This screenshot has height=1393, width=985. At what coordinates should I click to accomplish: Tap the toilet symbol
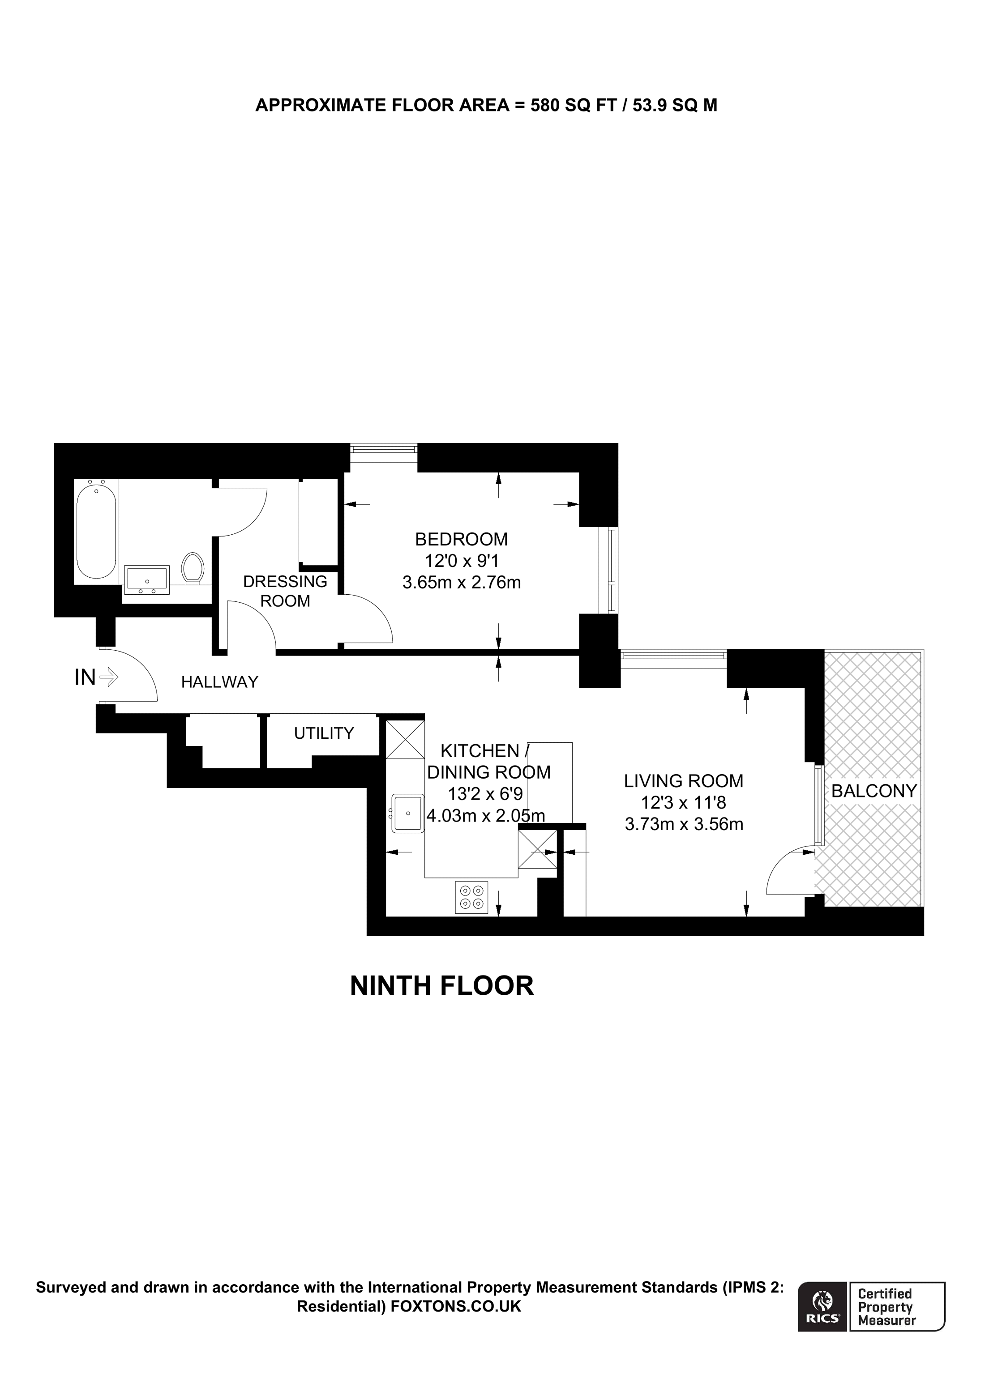click(x=193, y=568)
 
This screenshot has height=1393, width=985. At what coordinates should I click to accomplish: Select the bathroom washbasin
click(x=146, y=580)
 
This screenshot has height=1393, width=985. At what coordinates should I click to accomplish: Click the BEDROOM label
click(x=461, y=539)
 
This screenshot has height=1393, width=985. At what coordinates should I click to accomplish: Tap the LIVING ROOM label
click(x=683, y=781)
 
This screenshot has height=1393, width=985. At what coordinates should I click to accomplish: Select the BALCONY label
click(x=874, y=791)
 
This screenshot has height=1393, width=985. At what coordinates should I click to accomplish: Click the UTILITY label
click(x=323, y=733)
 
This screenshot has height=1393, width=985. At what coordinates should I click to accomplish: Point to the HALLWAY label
click(x=220, y=682)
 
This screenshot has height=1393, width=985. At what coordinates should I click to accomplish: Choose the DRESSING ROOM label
click(x=285, y=591)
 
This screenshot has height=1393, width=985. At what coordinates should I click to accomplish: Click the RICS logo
click(x=822, y=1306)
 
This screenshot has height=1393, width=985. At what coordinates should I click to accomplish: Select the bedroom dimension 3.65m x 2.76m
click(x=461, y=583)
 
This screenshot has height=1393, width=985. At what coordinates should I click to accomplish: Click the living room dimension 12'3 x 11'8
click(x=683, y=803)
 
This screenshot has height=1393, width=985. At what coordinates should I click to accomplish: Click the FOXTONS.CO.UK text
click(x=456, y=1306)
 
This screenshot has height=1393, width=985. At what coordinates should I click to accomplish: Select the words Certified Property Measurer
click(x=886, y=1307)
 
